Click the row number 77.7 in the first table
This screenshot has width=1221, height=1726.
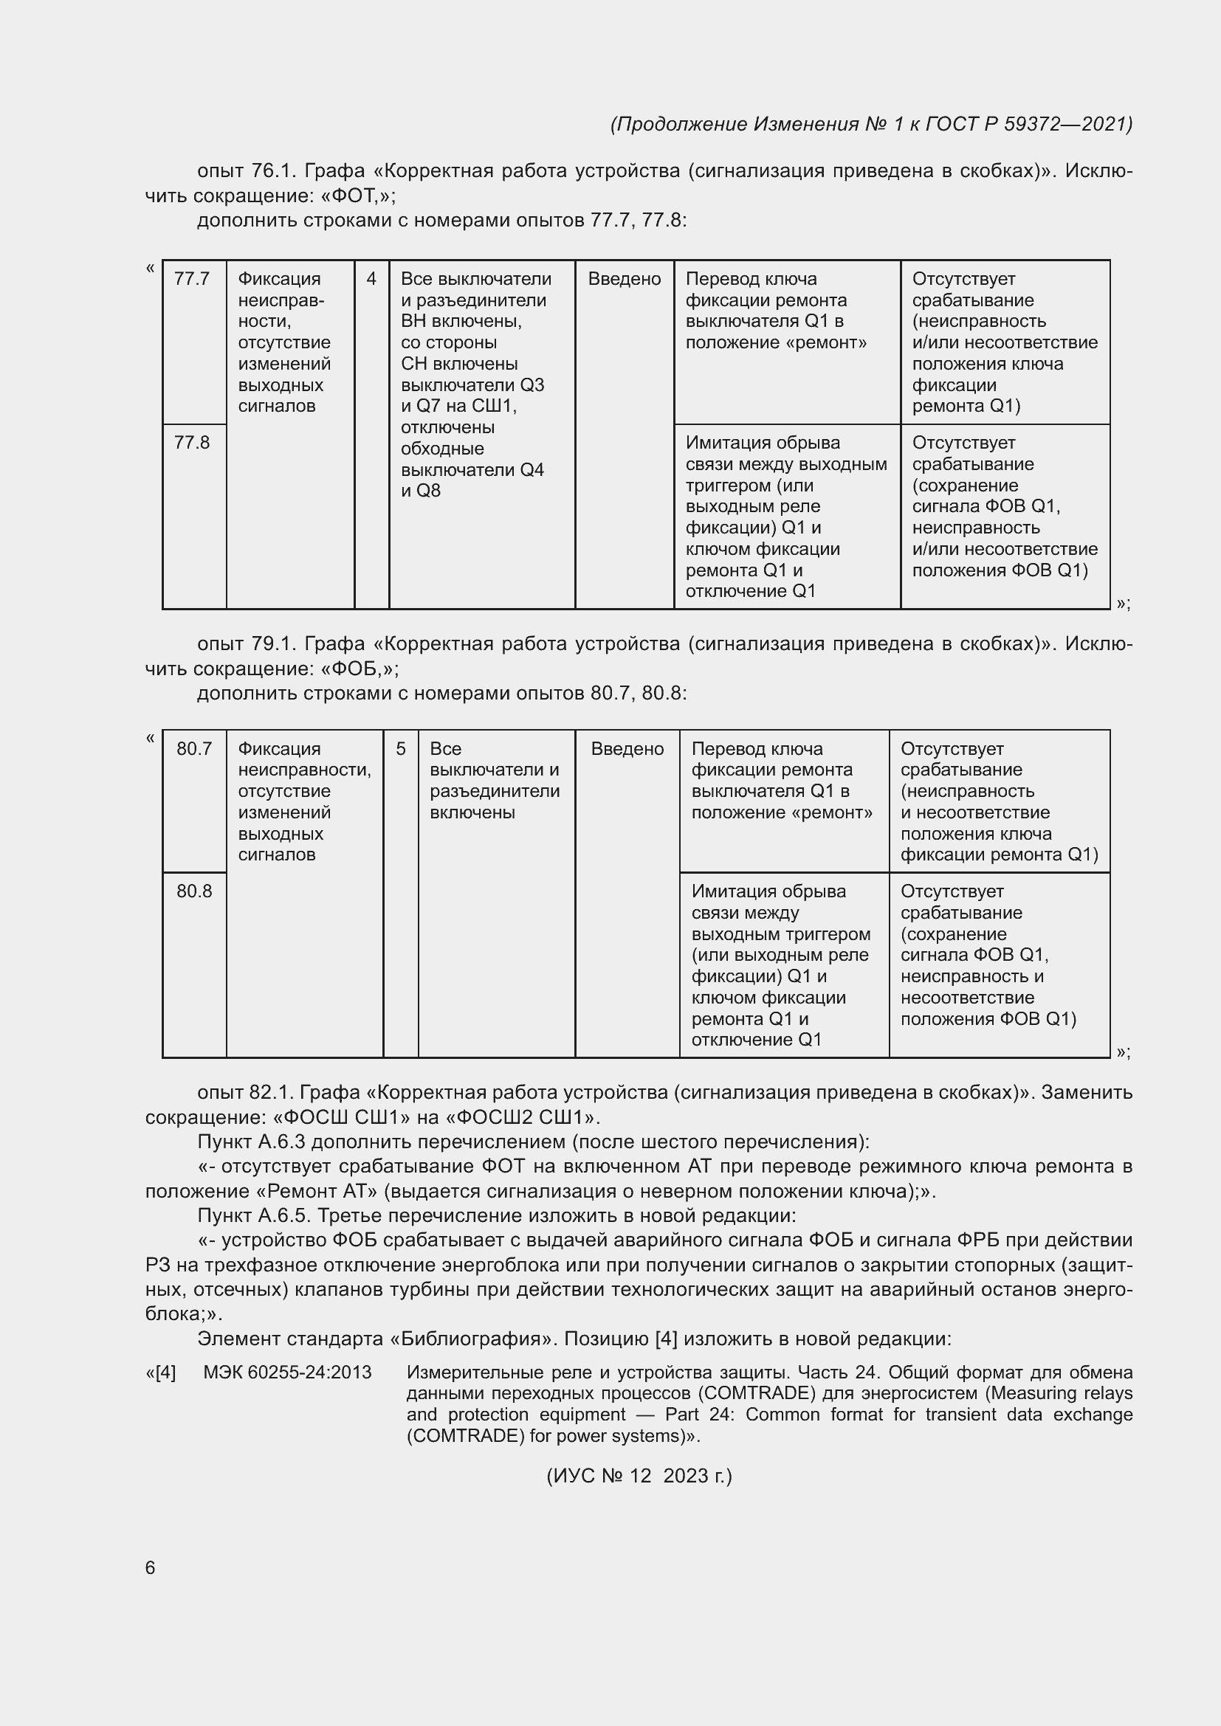192,279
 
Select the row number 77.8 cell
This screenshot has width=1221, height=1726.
192,443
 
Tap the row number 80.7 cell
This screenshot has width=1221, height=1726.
194,749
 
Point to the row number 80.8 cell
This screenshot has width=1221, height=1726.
194,891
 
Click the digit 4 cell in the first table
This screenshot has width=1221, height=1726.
371,279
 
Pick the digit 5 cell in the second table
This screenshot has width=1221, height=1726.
401,749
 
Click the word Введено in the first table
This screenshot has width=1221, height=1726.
624,279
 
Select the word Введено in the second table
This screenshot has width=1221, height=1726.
627,749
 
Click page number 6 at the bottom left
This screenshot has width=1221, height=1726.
151,1567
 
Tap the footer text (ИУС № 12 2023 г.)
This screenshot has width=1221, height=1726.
639,1476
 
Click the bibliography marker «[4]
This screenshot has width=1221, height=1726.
160,1372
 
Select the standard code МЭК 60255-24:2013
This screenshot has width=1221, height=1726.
287,1372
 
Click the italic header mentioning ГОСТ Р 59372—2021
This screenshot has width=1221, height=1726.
872,124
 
